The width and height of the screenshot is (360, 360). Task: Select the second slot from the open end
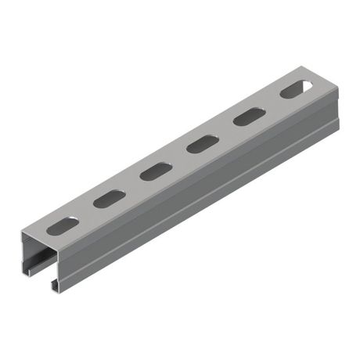point(110,198)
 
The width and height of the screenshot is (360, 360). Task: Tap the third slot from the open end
point(156,171)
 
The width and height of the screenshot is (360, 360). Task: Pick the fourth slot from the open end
point(202,144)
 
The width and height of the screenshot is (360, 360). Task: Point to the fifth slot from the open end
point(248,117)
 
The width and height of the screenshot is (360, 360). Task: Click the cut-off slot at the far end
point(295,89)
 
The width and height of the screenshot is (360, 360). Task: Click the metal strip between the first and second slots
point(86,212)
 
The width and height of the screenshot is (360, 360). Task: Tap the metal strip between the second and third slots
point(133,185)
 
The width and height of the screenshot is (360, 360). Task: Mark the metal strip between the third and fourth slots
point(179,157)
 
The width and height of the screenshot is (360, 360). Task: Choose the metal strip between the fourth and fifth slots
point(225,130)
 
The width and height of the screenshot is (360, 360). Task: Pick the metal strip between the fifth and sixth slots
point(272,103)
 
